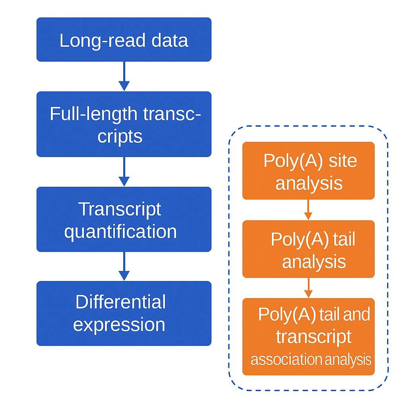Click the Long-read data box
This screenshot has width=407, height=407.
tap(124, 40)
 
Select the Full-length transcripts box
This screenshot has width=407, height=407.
tap(124, 124)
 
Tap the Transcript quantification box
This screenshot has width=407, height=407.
tap(124, 219)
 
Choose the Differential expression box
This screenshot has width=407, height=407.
tap(124, 313)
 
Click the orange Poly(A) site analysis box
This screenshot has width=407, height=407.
tap(308, 171)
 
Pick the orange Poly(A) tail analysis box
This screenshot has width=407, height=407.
tap(308, 249)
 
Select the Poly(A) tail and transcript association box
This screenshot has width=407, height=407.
tap(308, 337)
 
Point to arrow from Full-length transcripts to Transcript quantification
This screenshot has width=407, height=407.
tap(124, 172)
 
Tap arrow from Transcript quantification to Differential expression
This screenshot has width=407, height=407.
tap(124, 266)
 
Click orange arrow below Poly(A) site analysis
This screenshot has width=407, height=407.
tap(308, 209)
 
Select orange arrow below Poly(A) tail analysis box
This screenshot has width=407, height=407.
tap(308, 288)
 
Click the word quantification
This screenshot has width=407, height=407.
tap(120, 231)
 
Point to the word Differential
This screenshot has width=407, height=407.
tap(120, 302)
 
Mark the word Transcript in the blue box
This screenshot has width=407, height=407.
tap(120, 209)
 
